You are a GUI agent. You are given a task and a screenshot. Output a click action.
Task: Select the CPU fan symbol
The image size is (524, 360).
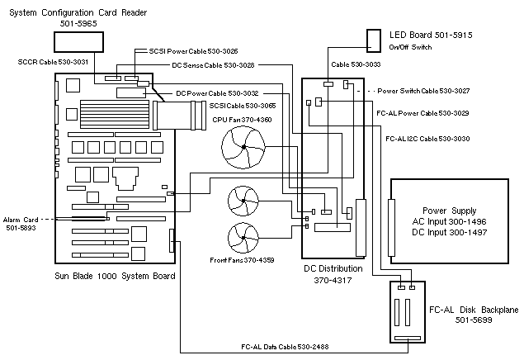tap(243, 152)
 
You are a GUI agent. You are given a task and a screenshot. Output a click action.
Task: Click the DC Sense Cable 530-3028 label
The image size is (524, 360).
tap(213, 64)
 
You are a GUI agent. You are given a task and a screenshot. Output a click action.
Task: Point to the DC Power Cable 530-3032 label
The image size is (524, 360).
tap(217, 92)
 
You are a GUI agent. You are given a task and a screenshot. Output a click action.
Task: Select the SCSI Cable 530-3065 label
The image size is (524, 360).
tap(242, 106)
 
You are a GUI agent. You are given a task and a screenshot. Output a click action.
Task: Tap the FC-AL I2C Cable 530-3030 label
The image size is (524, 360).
tap(427, 139)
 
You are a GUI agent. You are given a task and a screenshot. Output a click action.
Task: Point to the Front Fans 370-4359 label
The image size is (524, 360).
tap(243, 260)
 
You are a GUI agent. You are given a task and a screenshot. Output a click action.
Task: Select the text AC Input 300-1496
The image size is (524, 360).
tap(449, 222)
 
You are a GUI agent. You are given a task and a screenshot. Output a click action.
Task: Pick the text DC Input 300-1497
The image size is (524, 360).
tap(449, 234)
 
